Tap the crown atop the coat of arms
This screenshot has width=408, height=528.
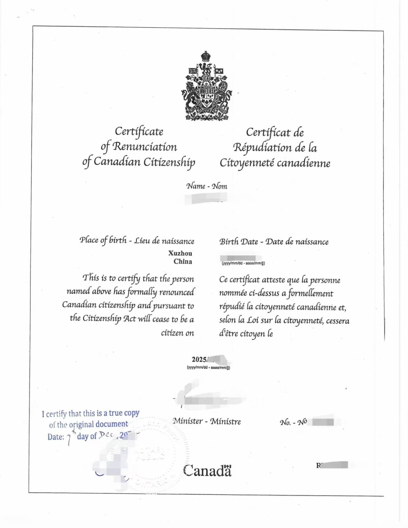(206, 56)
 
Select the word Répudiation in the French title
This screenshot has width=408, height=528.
(262, 148)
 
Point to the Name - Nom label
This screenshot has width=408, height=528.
(207, 186)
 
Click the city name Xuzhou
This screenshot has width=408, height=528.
(180, 253)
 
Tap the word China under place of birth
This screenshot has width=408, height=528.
(183, 262)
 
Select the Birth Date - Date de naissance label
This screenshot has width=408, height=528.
(274, 242)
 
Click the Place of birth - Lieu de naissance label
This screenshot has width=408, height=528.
(137, 241)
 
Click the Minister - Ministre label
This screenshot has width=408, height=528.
(207, 422)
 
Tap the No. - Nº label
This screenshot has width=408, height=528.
(293, 423)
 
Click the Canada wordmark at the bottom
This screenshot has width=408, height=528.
(207, 471)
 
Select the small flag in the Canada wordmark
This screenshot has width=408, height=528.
(227, 466)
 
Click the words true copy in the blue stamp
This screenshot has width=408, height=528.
(124, 413)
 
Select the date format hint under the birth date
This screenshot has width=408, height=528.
(243, 263)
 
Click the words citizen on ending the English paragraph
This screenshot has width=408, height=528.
(177, 333)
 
